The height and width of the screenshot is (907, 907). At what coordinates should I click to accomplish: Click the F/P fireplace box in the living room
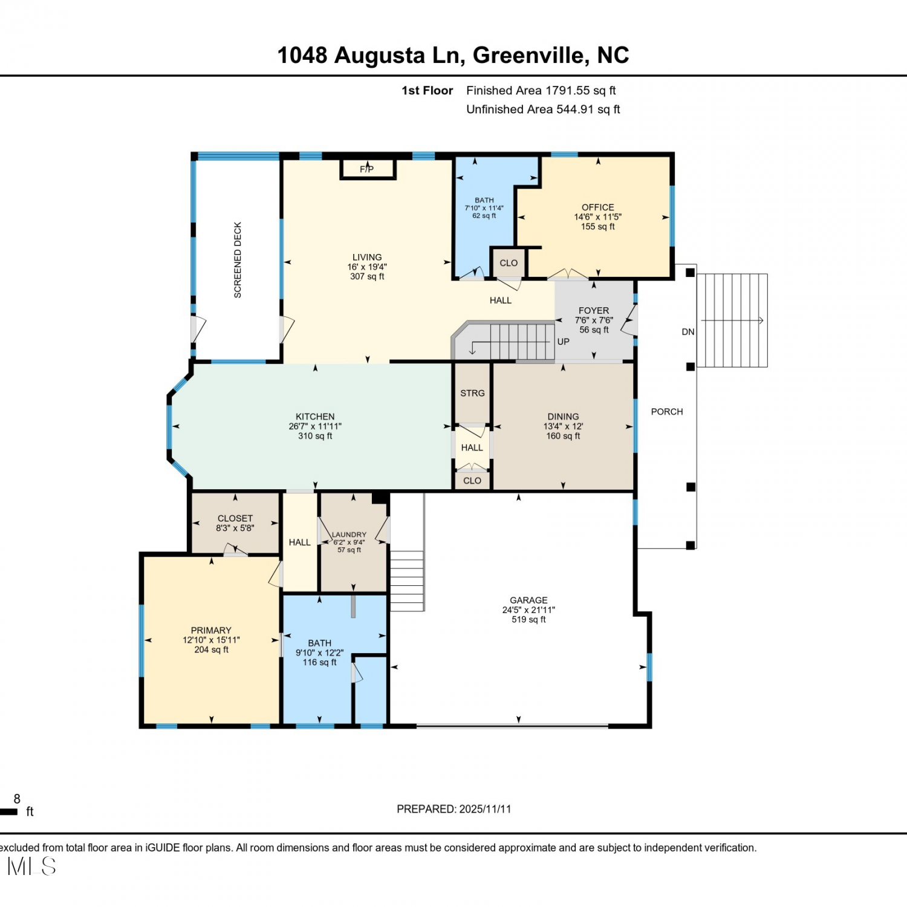(x=368, y=169)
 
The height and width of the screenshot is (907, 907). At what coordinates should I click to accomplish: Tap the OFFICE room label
(x=597, y=207)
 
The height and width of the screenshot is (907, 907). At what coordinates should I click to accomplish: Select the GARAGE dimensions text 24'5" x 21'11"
(x=528, y=610)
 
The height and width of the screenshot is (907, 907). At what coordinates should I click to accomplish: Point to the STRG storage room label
(x=472, y=393)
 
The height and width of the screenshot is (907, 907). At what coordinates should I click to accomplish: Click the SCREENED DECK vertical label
(x=238, y=260)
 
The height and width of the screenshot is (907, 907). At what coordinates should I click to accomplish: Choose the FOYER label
(x=594, y=311)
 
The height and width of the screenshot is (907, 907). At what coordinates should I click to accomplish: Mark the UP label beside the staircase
(x=563, y=342)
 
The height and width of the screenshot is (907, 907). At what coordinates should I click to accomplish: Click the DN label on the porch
(x=688, y=332)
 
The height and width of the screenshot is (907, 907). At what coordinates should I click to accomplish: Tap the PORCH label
(x=667, y=412)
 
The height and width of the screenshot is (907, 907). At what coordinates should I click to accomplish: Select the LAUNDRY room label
(x=349, y=535)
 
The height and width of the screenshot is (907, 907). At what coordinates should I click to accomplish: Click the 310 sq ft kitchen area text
(x=315, y=436)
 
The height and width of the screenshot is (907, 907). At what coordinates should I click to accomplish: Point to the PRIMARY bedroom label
(x=211, y=630)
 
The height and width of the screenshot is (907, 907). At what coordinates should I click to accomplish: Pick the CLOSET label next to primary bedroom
(x=235, y=518)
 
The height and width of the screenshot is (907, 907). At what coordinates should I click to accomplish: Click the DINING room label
(x=563, y=417)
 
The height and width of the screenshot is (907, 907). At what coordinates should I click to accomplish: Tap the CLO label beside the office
(x=509, y=263)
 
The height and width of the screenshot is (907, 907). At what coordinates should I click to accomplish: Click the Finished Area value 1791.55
(x=567, y=91)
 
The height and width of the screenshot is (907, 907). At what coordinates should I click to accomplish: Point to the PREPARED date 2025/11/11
(x=485, y=809)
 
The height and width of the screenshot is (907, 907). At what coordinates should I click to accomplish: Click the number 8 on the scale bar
(x=17, y=799)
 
